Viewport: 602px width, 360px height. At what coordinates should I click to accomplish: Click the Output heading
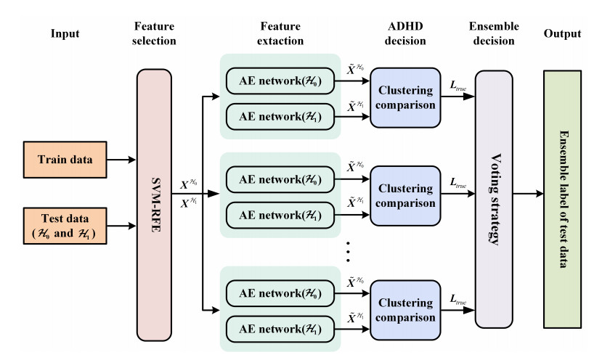click(x=566, y=33)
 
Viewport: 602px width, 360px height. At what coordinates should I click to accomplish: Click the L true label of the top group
click(x=458, y=87)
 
